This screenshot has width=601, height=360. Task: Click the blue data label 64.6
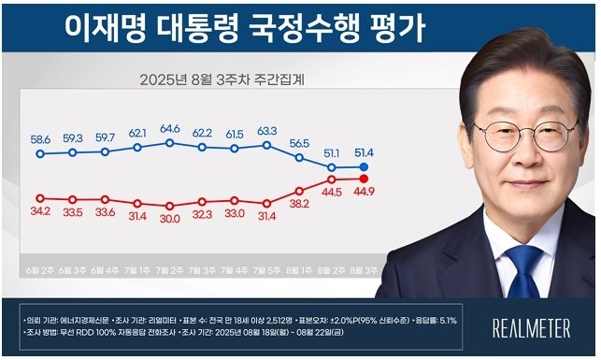point(170,128)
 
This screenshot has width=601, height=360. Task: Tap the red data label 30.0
point(170,219)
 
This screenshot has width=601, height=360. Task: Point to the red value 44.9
point(363,194)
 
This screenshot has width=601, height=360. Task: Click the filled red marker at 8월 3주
point(364,179)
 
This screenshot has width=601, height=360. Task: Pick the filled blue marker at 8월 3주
point(364,167)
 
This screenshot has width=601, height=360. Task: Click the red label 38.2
point(298,203)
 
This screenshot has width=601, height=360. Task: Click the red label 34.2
point(40,211)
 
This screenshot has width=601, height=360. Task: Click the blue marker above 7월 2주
point(170,142)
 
